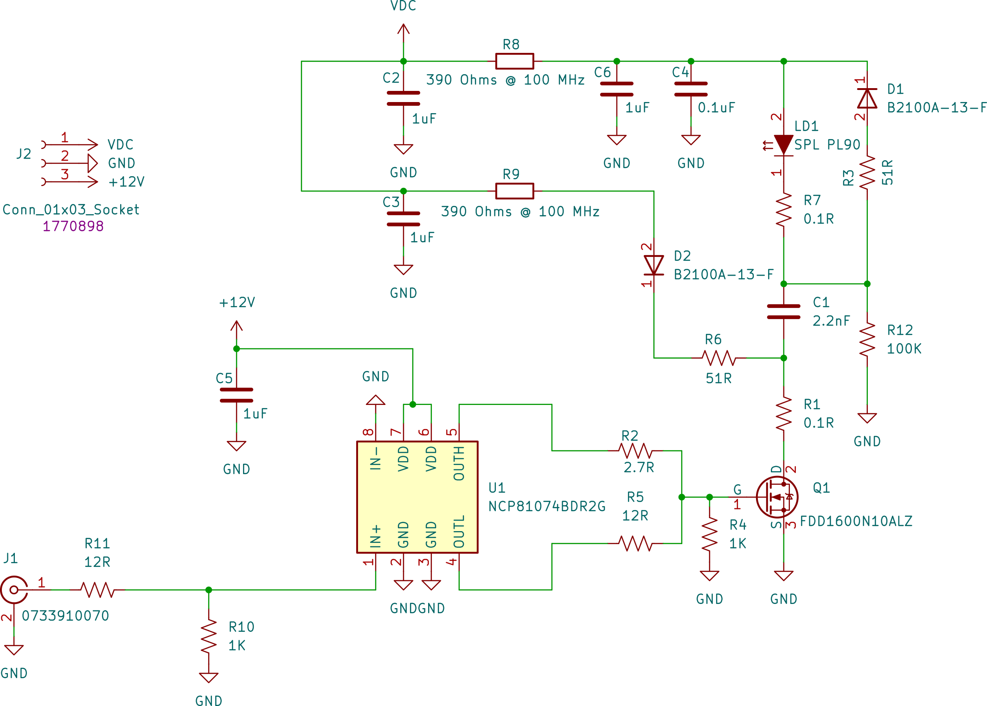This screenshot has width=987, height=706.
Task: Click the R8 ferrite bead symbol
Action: coord(514,61)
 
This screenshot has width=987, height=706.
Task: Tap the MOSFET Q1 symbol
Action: coord(778,497)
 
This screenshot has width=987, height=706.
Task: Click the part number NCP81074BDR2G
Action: coord(547,506)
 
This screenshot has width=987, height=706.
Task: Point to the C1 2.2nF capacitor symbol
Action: coord(783,312)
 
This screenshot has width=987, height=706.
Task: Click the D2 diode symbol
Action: coord(654,265)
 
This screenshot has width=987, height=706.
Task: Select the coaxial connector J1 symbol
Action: coord(14,590)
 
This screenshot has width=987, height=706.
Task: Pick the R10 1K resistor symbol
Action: coord(208,636)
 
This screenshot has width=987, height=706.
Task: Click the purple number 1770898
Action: coord(73,226)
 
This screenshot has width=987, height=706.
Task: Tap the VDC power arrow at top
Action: coord(403,32)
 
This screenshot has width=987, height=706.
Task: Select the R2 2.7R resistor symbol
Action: coord(635,450)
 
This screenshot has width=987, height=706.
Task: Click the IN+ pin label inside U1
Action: coord(375,536)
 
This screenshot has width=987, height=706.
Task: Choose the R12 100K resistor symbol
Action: coord(867,340)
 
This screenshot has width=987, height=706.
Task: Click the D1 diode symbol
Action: coord(867,98)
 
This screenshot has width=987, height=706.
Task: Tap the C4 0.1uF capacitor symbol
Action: coord(691,89)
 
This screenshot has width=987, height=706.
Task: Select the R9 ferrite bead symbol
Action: coord(514,191)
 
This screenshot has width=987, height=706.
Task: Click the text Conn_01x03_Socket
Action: coord(70,210)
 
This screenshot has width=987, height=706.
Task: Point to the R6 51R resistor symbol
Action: coord(718,358)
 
